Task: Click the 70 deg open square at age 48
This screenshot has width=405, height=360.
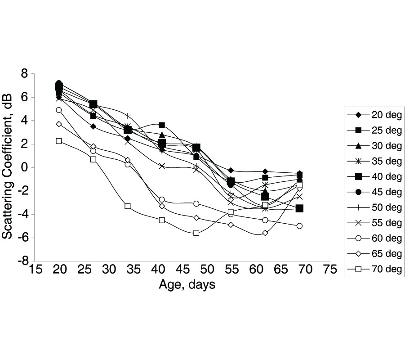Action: [x=196, y=233]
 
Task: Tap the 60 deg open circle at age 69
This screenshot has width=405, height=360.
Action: [x=300, y=226]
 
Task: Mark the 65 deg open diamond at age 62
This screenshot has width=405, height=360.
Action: [x=265, y=233]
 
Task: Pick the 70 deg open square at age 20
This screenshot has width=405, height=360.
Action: [x=59, y=141]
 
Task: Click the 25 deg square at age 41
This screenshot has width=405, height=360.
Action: [x=162, y=125]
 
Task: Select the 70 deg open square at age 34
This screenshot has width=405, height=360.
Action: [x=128, y=206]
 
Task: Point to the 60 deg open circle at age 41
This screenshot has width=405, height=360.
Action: [x=162, y=200]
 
